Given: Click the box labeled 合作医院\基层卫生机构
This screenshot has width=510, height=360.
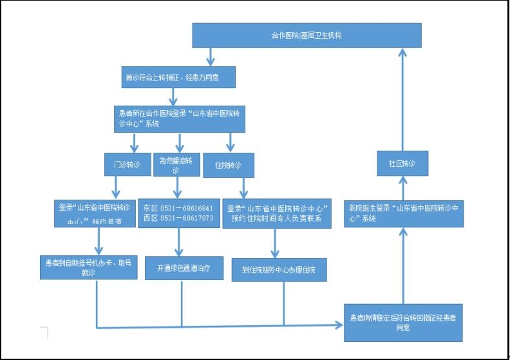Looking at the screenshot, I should (307, 35).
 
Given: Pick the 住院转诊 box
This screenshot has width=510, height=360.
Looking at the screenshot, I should (228, 165).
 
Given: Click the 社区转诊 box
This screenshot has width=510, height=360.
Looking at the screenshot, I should (403, 164).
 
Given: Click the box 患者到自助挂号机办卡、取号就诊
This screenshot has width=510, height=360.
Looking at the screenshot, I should (88, 267).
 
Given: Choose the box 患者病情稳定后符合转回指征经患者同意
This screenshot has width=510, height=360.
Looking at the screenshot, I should (403, 322).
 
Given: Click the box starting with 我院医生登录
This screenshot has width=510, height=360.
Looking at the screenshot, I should (403, 213).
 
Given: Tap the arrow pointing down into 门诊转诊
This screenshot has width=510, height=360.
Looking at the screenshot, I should (117, 142).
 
